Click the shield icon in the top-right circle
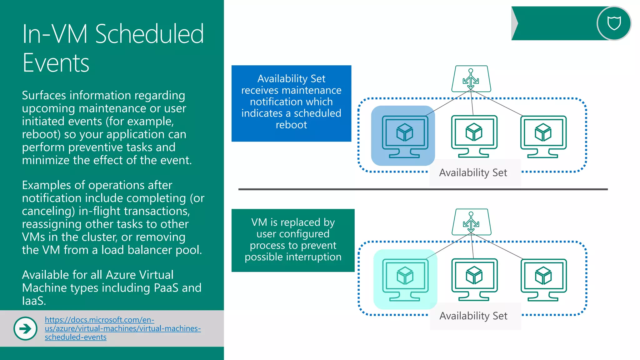614,23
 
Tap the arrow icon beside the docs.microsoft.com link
25,328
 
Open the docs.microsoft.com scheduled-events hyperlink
122,328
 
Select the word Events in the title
56,63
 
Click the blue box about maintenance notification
291,103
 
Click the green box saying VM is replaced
293,240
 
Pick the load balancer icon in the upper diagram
471,79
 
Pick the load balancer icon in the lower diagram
471,222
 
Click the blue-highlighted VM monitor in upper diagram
405,136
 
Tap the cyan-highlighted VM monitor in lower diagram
405,279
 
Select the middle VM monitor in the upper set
474,136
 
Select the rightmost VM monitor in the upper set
543,136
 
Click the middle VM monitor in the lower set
474,279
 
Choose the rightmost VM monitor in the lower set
543,279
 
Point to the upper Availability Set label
473,173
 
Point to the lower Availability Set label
473,316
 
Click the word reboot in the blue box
291,125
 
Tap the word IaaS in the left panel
33,301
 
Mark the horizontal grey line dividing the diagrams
423,189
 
